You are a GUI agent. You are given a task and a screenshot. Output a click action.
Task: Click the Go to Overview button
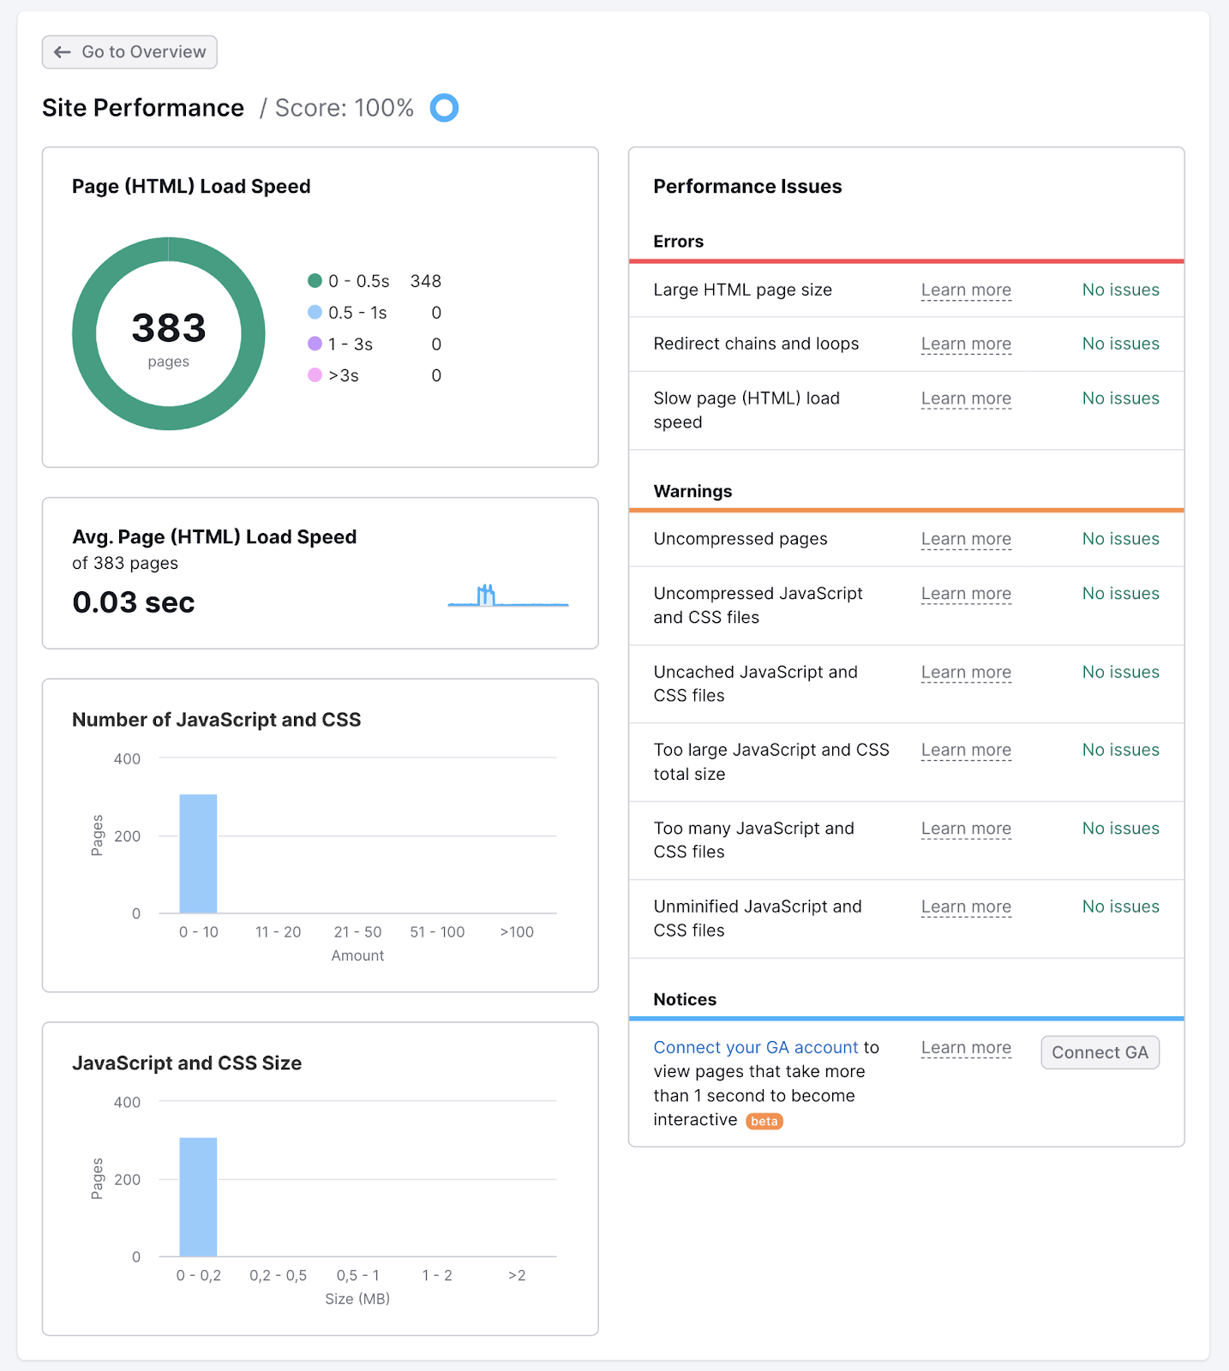tap(129, 52)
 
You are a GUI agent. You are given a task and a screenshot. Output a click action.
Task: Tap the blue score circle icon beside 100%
tap(444, 108)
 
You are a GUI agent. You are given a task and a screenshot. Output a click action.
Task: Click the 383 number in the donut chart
tap(169, 328)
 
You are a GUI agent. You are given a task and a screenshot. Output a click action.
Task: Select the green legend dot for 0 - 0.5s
tap(315, 281)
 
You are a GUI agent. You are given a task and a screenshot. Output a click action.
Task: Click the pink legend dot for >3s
tap(315, 375)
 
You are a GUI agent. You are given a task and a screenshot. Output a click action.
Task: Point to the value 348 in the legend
tap(425, 281)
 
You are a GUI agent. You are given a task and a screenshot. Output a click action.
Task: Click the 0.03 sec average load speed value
tap(134, 602)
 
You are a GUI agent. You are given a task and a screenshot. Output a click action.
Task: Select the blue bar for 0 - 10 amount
tap(198, 853)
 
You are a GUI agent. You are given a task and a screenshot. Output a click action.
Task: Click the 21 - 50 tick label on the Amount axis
tap(357, 932)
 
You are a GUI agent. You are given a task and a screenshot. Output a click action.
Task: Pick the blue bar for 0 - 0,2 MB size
tap(198, 1197)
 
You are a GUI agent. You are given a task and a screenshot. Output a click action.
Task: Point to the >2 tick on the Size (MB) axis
tap(517, 1276)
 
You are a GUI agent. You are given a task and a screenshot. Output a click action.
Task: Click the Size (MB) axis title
tap(357, 1299)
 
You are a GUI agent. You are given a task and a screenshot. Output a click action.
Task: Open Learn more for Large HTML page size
tap(966, 290)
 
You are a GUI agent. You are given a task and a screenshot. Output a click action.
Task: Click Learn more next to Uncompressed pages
tap(966, 540)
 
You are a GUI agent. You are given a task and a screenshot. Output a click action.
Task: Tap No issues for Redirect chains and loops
tap(1120, 344)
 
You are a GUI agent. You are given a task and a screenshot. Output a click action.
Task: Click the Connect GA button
tap(1100, 1053)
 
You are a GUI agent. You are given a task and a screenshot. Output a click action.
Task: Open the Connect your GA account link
tap(755, 1048)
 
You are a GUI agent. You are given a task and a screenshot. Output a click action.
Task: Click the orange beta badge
tap(764, 1122)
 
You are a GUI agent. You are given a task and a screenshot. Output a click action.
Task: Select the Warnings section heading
tap(692, 492)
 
